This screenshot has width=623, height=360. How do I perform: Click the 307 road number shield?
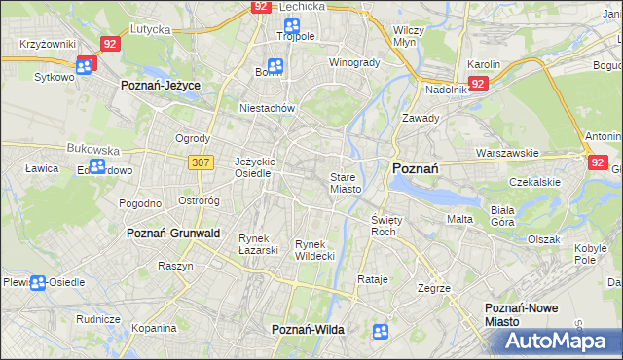202,162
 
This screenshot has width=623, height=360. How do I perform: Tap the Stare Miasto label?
346,183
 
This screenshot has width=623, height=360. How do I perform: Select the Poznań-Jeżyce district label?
161,86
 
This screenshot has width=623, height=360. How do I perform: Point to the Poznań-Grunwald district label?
173,234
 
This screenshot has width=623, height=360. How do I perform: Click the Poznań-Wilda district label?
308,330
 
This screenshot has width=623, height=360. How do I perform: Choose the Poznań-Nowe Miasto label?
522,314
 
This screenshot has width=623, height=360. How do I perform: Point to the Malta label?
459,219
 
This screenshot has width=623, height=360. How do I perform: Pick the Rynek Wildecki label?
314,249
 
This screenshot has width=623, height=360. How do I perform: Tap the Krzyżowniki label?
49,45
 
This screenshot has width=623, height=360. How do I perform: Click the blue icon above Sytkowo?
86,66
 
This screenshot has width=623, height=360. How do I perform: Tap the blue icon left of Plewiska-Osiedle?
37,283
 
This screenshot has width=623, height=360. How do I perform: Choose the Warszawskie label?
507,153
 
